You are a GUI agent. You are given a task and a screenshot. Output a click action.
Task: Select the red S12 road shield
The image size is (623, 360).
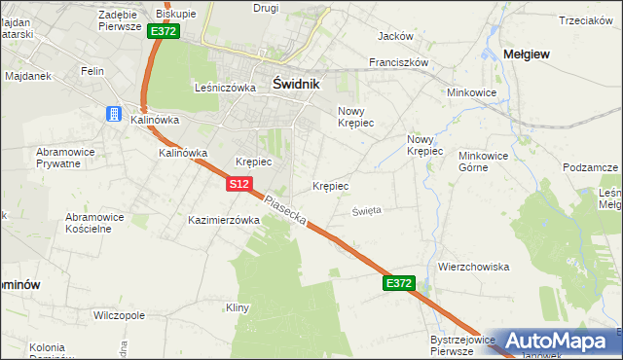click(x=241, y=183)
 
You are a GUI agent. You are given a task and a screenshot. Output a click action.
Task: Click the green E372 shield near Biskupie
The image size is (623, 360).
click(x=164, y=31)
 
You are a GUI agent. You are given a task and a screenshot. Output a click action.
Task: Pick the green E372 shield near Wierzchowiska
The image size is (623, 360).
click(x=399, y=283)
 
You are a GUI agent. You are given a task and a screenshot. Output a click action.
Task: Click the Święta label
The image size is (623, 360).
click(x=367, y=209)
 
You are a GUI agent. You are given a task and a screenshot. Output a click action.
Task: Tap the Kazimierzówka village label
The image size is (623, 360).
click(x=224, y=221)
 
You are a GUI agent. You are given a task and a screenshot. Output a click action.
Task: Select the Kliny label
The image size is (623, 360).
click(x=238, y=307)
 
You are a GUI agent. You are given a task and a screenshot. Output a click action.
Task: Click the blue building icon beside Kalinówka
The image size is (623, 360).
click(x=113, y=114)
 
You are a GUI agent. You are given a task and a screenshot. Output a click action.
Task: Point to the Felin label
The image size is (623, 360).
click(x=93, y=71)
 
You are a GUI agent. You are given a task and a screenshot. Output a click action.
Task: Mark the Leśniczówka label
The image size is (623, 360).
click(x=225, y=87)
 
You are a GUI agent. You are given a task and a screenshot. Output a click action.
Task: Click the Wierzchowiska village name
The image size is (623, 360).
click(x=474, y=267)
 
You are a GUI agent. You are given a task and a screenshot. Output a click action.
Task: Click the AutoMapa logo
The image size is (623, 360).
click(x=556, y=341)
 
